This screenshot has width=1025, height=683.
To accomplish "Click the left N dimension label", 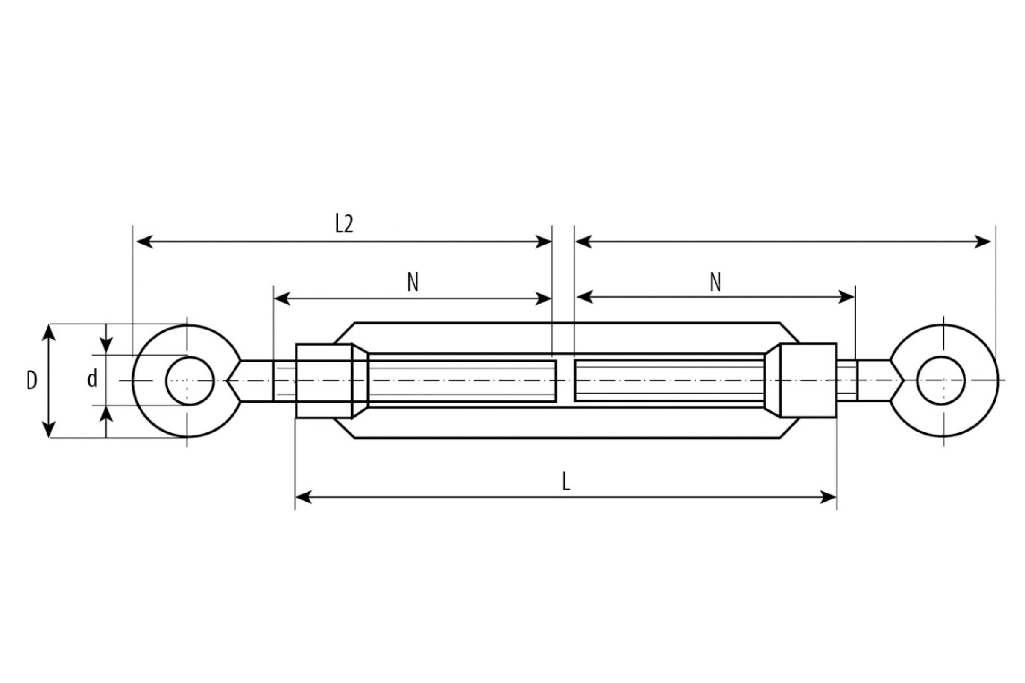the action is click(x=413, y=282).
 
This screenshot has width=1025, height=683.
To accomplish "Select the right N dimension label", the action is click(x=715, y=282).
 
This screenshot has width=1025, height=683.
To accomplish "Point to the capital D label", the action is click(x=31, y=381).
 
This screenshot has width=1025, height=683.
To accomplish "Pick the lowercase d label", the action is click(x=92, y=379).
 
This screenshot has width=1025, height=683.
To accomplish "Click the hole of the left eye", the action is click(x=190, y=381).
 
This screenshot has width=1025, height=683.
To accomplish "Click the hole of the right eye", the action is click(x=941, y=380).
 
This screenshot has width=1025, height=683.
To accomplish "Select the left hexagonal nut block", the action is click(x=324, y=381).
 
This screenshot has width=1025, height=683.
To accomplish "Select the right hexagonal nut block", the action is click(x=808, y=380).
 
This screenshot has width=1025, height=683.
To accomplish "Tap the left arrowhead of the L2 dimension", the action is click(x=144, y=241).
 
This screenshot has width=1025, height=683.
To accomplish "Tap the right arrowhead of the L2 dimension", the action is click(x=543, y=241).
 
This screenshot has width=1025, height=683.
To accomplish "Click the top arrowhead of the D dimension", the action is click(x=49, y=333).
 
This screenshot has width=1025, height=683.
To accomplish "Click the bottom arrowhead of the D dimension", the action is click(x=49, y=429).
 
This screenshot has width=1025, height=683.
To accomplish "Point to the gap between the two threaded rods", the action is click(x=565, y=381).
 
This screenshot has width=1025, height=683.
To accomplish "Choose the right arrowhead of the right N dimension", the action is click(x=846, y=297).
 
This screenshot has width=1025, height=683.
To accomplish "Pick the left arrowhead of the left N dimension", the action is click(x=282, y=299).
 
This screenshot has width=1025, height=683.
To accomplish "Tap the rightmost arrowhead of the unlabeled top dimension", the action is click(x=983, y=241).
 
